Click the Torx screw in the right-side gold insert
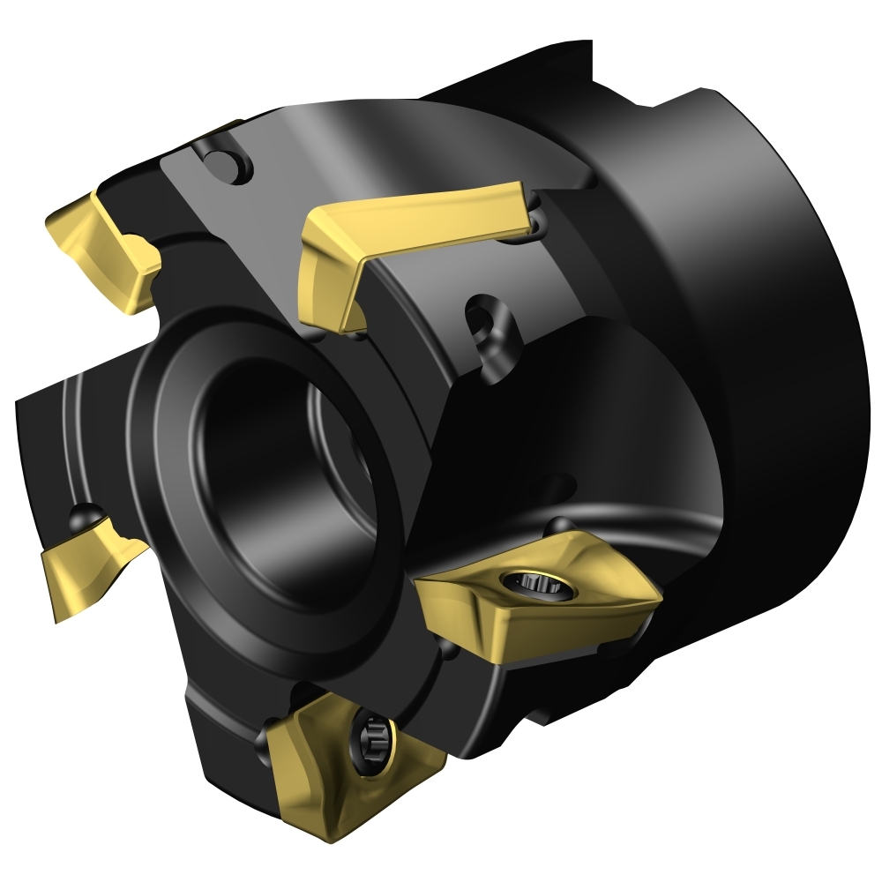(532, 582)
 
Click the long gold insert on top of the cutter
(415, 220)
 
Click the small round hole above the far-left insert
(86, 514)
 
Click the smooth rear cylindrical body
(776, 353)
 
